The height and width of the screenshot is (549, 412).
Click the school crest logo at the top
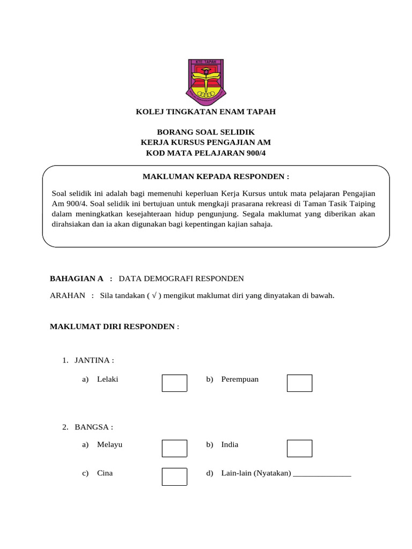coord(205,81)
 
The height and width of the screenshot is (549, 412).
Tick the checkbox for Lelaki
coord(174,383)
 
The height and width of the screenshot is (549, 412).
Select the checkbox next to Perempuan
coord(299,383)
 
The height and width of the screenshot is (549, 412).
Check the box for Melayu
coord(174,448)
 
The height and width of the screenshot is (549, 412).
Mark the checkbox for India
coord(299,448)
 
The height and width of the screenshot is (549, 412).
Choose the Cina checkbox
coord(174,477)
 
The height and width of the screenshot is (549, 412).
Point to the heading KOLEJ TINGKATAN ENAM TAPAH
coord(205,112)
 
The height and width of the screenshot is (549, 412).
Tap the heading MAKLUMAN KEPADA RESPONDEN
coord(216,176)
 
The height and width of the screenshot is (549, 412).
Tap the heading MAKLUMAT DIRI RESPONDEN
coord(112,326)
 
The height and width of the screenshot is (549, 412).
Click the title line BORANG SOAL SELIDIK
coord(205,132)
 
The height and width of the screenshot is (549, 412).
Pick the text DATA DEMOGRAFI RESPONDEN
coord(181,278)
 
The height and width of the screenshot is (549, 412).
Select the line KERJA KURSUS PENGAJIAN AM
coord(205,143)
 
